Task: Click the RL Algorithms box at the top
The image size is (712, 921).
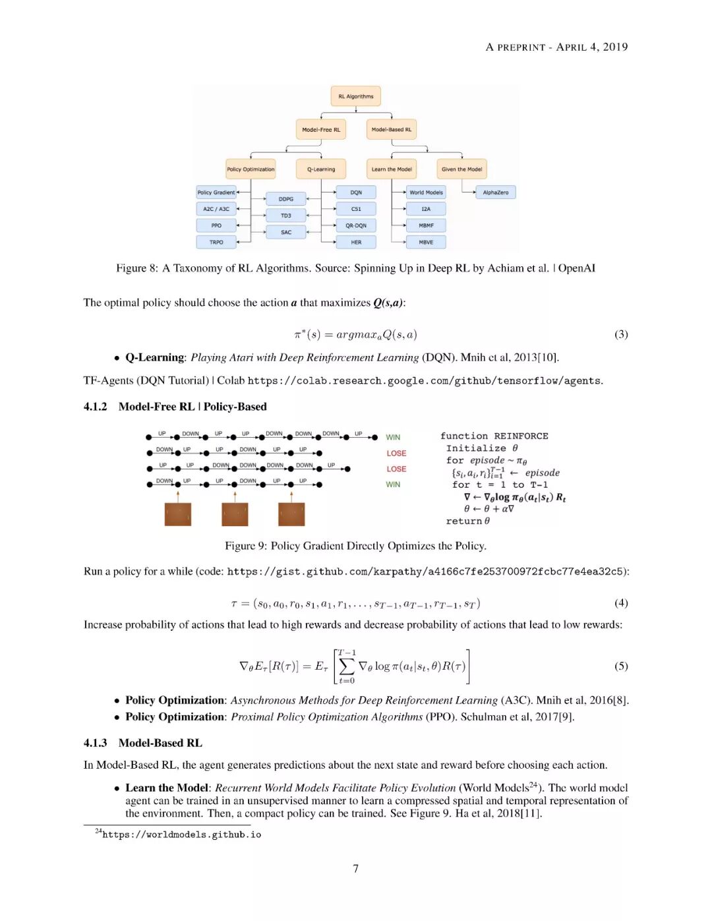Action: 355,96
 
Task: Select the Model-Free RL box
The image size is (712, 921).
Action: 321,130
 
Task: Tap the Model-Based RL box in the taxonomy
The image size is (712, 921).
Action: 391,130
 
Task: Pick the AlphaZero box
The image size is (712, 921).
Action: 496,193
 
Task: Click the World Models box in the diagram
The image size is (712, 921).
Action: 426,193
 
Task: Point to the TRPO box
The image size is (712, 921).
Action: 216,242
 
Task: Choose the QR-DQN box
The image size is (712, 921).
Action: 356,225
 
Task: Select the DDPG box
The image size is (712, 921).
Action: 286,199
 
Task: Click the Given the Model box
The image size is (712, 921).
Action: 461,169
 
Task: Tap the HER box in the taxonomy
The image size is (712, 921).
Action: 356,242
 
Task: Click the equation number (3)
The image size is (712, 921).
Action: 621,334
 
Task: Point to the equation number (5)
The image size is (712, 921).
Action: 621,666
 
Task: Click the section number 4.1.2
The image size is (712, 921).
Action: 95,407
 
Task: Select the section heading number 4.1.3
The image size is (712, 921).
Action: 95,743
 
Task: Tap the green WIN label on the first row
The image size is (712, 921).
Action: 393,437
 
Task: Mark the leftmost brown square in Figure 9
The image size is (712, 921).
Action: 178,514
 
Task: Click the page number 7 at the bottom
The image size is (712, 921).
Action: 356,868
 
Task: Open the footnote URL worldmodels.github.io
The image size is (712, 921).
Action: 181,835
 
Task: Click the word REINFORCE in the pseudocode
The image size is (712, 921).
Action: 521,436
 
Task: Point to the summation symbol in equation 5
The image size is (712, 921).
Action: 347,666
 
